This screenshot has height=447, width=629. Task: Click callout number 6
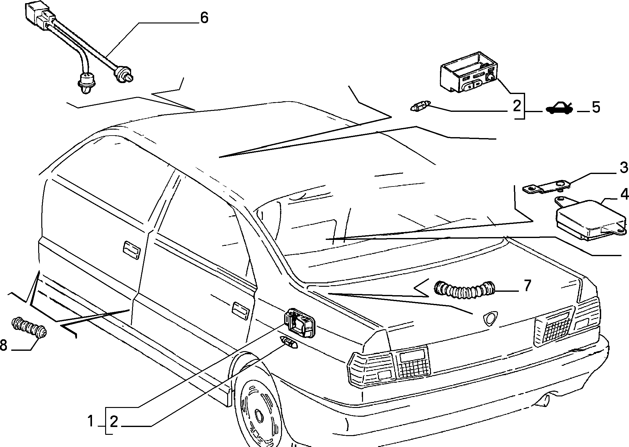(204, 18)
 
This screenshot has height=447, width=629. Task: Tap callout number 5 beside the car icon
(596, 107)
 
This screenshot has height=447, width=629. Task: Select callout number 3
(624, 168)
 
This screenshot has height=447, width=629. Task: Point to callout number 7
(527, 286)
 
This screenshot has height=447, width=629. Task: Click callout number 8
(3, 345)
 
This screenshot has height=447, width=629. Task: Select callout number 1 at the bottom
(91, 421)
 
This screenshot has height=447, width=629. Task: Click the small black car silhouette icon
(560, 109)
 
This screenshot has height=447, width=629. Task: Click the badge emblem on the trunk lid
(490, 319)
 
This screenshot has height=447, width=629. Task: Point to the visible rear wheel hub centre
(259, 416)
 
